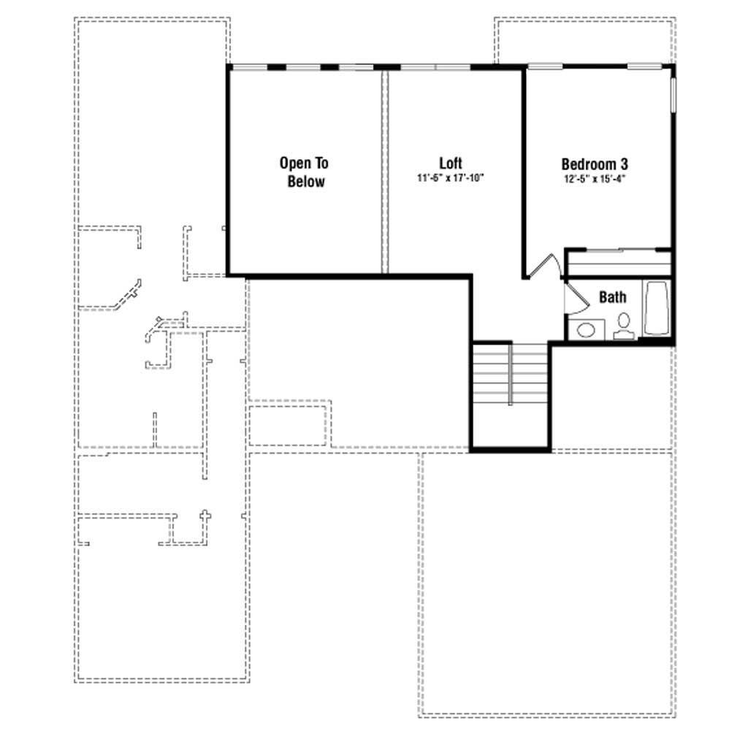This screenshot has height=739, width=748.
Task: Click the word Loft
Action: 450,163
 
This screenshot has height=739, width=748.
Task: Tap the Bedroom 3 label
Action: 595,164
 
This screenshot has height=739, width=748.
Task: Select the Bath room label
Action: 613,297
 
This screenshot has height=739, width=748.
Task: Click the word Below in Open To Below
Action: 306,182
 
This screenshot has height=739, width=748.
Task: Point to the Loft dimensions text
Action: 451,178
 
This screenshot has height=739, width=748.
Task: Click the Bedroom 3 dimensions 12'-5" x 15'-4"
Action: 595,179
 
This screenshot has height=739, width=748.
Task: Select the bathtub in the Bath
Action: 657,308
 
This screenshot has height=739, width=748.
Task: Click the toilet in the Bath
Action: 624,326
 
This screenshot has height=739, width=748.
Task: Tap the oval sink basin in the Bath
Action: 586,329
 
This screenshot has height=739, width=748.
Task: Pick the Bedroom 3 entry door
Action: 543,266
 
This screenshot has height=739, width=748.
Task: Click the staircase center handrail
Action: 511,374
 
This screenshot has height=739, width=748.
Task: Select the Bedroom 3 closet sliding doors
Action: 619,250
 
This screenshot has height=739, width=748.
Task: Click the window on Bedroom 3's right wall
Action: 673,96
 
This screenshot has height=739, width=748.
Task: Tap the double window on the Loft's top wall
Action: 435,67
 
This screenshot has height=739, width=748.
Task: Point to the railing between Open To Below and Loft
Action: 385,172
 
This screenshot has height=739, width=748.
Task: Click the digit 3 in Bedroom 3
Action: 624,164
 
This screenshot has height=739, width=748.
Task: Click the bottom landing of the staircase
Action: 511,426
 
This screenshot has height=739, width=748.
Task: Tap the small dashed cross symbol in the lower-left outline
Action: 205,515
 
